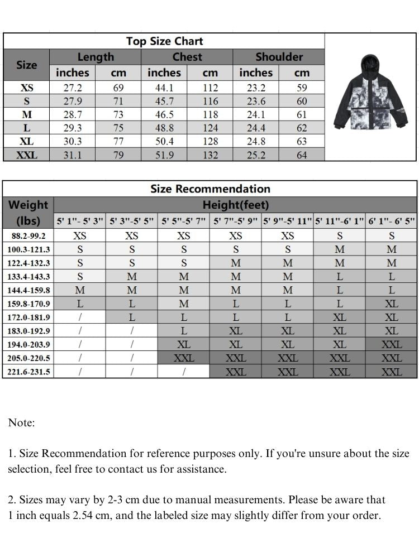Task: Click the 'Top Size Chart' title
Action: tap(164, 41)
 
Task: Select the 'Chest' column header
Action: tap(187, 57)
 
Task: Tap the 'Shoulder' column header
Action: tap(279, 57)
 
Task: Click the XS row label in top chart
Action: tap(27, 88)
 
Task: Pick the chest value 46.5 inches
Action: tap(164, 115)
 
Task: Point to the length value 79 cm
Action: tap(118, 155)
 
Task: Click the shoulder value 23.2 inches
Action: tap(256, 88)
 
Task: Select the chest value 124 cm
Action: tap(210, 128)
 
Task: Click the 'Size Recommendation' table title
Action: tap(210, 189)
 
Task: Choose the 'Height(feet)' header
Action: tap(235, 205)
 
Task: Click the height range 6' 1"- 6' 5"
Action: tap(392, 221)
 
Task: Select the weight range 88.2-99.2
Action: tap(28, 236)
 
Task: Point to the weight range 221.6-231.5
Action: tap(28, 372)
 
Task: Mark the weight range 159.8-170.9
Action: tap(28, 304)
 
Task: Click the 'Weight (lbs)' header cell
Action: tap(28, 212)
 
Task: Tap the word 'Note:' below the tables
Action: tap(21, 423)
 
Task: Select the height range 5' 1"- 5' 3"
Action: tap(80, 221)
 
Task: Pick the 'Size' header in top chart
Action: tap(26, 65)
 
